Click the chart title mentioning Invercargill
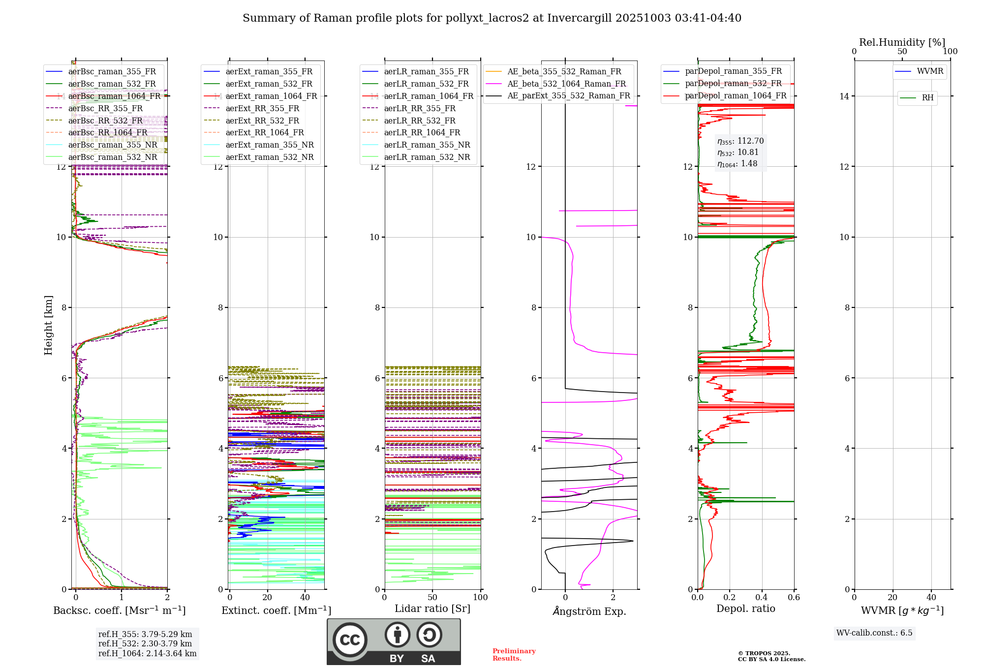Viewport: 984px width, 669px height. coord(492,18)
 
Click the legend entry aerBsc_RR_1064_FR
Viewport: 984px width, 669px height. coord(107,133)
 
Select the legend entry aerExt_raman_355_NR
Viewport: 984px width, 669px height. coord(269,145)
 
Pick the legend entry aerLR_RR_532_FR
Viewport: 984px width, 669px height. coord(420,121)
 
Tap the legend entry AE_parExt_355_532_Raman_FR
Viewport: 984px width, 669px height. coord(568,96)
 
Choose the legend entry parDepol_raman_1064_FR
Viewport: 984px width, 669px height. coord(736,96)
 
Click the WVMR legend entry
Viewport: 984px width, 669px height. coord(929,71)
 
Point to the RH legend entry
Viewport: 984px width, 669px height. coord(927,98)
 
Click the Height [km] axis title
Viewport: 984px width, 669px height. coord(48,325)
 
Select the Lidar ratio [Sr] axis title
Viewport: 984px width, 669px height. coord(432,609)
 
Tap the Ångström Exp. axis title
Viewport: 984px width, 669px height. coord(589,611)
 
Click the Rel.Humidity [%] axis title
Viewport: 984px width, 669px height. coord(902,42)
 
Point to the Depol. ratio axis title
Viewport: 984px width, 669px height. coord(745,609)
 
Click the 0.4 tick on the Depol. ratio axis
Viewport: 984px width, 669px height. coord(762,598)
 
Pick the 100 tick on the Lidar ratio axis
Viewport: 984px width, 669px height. coord(480,598)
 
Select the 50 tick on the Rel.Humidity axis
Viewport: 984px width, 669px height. coord(902,52)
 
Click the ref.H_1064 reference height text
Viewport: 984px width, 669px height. coord(147,654)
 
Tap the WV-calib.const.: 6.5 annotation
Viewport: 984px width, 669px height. coord(874,633)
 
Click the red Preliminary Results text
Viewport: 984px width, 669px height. coord(514,655)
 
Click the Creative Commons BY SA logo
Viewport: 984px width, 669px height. coord(394,641)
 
